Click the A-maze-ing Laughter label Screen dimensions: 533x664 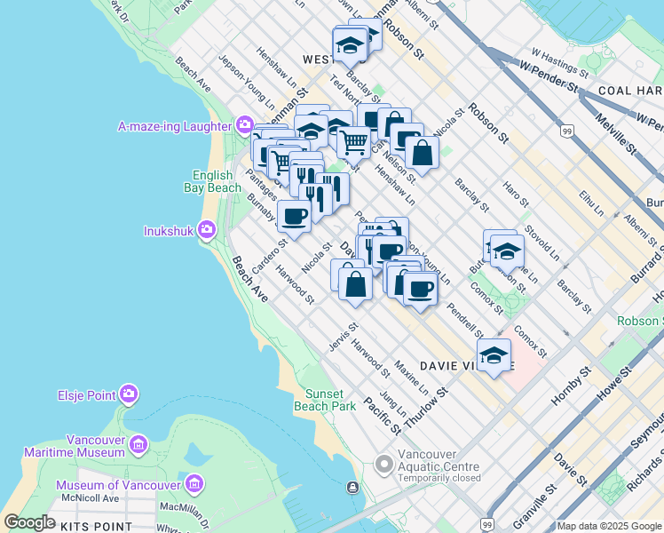point(175,126)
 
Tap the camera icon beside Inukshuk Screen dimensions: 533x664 point(206,231)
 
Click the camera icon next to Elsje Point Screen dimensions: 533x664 point(129,393)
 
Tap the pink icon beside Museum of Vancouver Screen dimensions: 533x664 point(195,485)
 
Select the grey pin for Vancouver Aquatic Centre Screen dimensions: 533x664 point(383,463)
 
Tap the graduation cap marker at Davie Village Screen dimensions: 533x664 point(494,355)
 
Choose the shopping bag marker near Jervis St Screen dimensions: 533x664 point(355,284)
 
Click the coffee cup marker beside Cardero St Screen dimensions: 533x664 point(295,215)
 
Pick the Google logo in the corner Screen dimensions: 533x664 point(30,522)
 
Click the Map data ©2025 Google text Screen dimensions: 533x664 point(609,526)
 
